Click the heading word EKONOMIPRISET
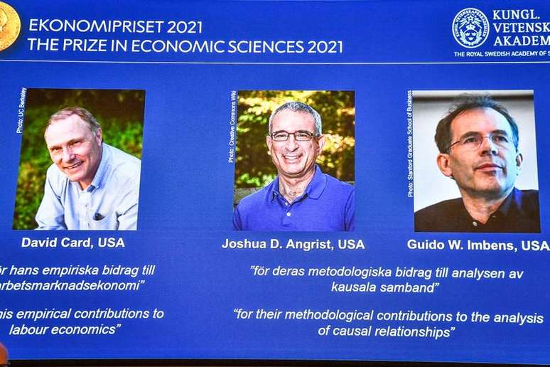96,26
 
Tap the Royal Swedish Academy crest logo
471,28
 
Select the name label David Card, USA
72,243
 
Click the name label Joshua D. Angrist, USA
293,244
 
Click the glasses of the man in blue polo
294,135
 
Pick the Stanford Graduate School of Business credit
411,142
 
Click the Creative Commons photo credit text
232,126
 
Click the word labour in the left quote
28,329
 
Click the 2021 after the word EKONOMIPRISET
184,26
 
